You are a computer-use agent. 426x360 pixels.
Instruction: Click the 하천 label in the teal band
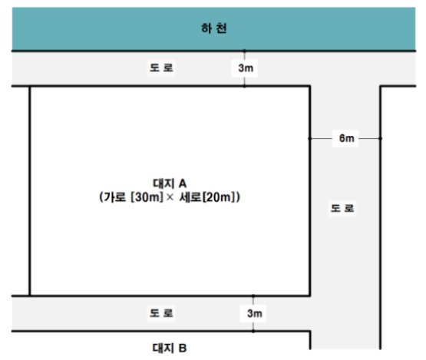[214, 28]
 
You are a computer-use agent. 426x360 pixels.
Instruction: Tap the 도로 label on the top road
[161, 68]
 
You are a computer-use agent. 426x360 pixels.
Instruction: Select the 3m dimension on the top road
[246, 68]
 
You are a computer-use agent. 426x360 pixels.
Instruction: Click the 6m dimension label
[346, 138]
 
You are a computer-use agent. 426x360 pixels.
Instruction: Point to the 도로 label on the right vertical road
[342, 208]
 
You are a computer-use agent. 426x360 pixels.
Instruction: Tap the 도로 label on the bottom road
[161, 313]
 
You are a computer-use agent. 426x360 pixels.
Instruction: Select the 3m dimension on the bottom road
[255, 313]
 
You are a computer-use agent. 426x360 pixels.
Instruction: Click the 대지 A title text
[170, 183]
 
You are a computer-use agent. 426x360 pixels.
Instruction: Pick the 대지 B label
[170, 348]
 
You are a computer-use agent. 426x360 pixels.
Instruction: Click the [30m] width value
[147, 197]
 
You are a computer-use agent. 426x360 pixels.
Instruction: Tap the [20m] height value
[219, 197]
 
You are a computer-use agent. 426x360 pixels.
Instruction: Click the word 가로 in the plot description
[115, 197]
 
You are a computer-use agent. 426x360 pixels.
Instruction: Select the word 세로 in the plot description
[190, 197]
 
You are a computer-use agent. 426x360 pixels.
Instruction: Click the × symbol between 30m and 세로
[170, 197]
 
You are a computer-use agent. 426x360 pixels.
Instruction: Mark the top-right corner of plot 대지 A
[310, 86]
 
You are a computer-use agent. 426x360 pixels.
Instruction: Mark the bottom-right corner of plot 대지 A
[310, 296]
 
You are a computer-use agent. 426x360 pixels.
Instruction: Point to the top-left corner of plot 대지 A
[30, 86]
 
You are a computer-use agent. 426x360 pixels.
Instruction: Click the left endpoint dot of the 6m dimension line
[310, 139]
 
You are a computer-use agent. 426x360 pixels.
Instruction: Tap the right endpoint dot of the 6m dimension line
[381, 139]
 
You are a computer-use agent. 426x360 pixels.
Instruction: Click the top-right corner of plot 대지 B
[310, 331]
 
